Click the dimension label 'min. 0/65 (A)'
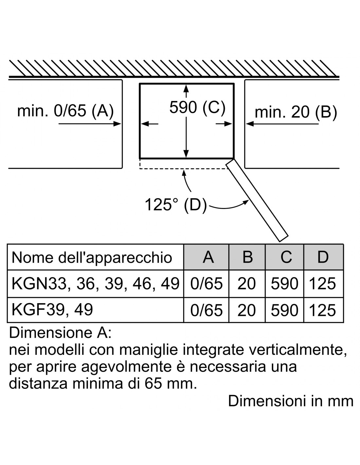65,111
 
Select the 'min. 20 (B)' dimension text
296,112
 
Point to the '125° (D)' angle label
176,205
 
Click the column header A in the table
208,257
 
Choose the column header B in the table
247,257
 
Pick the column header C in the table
286,257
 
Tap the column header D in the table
323,257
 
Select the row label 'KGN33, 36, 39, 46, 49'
96,284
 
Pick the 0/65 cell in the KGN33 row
207,284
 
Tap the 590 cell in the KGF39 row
285,310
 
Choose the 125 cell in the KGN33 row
322,284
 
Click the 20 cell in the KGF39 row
246,310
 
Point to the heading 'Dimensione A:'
60,333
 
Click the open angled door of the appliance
257,200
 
